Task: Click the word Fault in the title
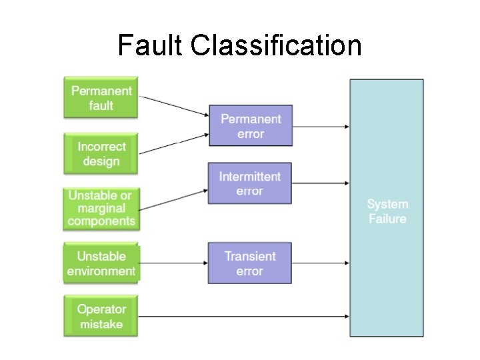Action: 150,46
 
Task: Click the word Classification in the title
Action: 276,46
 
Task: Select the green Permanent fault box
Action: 101,98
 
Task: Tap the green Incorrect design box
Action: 101,154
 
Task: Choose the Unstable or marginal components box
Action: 101,208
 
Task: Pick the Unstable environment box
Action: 101,263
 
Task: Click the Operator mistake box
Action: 101,317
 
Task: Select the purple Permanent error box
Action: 251,126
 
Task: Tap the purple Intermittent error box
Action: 250,183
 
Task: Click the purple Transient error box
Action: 250,263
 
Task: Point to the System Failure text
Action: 387,211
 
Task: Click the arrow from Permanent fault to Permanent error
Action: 175,106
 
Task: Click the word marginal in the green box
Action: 101,208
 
